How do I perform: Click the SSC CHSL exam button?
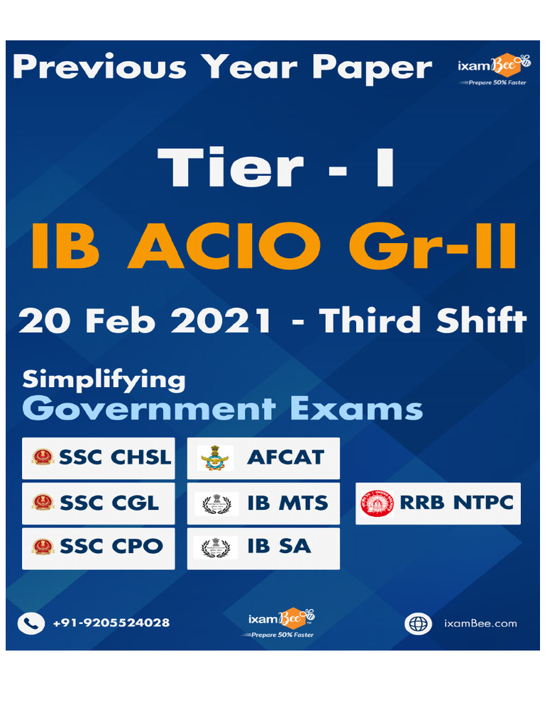click(98, 458)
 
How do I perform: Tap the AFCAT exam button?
click(263, 458)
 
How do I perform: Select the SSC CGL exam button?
click(98, 503)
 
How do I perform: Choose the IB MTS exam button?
click(263, 503)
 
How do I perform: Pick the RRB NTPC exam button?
click(438, 503)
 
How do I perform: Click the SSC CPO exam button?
click(98, 547)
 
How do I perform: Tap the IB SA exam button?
click(263, 547)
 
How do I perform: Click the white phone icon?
click(31, 623)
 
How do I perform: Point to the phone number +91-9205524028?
click(111, 623)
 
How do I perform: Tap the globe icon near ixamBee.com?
click(418, 624)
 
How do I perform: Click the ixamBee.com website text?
click(480, 624)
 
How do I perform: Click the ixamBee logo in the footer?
click(281, 622)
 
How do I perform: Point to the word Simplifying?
click(104, 380)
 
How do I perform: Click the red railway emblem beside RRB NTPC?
click(377, 503)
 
